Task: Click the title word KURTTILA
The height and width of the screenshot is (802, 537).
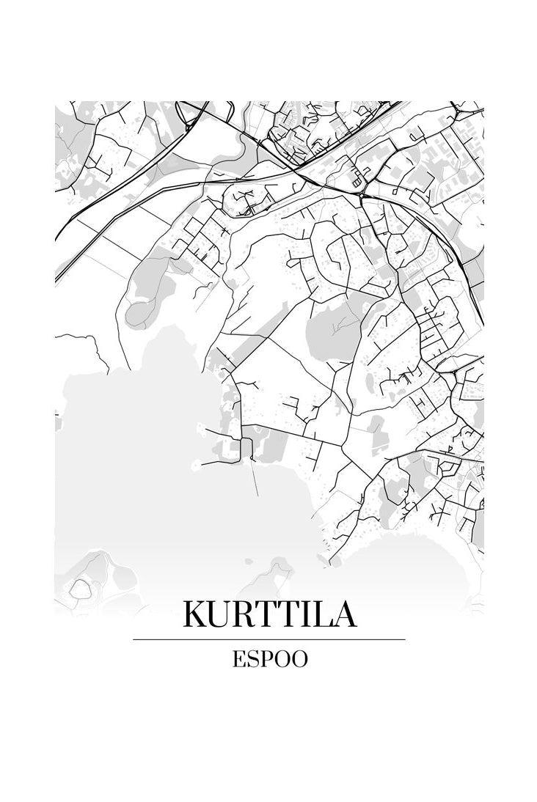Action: coord(269,614)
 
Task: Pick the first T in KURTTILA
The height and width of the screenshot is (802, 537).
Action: coord(272,614)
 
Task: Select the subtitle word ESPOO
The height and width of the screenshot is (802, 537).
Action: coord(269,658)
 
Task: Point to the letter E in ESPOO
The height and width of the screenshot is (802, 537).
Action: coord(238,658)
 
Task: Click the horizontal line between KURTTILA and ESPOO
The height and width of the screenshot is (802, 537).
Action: coord(269,639)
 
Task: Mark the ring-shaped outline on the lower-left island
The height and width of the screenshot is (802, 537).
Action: coord(79,587)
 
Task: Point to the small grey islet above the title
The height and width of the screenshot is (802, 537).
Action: coord(280,564)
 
